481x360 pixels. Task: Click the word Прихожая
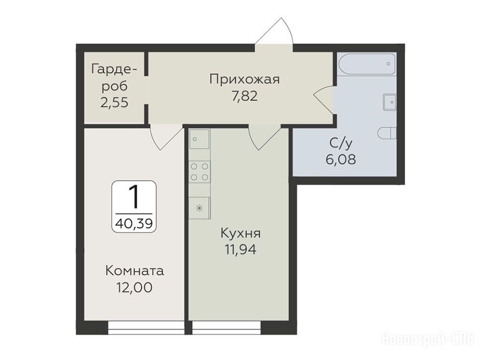(x=244, y=80)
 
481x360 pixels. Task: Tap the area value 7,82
(x=244, y=96)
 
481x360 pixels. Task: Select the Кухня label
(x=240, y=234)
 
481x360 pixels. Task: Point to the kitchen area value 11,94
(x=240, y=250)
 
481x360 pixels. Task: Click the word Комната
(x=134, y=271)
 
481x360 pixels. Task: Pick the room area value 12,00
(x=134, y=288)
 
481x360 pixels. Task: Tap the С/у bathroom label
(x=341, y=143)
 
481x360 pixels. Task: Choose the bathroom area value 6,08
(x=341, y=160)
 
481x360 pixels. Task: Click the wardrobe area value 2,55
(x=114, y=102)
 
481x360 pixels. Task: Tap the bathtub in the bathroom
(x=367, y=64)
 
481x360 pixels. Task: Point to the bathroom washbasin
(x=390, y=102)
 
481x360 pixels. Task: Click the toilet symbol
(x=388, y=133)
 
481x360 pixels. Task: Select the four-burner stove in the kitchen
(x=200, y=172)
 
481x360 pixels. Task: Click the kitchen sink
(x=199, y=139)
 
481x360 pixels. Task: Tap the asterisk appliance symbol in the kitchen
(x=199, y=208)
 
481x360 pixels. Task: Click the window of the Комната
(x=146, y=328)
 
